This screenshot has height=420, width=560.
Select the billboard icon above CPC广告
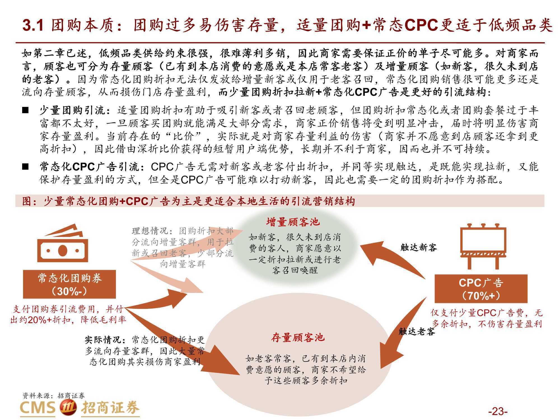(x=483, y=246)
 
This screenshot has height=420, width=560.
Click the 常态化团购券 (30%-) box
(x=69, y=284)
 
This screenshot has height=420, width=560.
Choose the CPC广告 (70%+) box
(x=481, y=289)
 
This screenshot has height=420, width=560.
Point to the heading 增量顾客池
(x=293, y=222)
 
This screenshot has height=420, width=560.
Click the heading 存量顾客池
(x=298, y=338)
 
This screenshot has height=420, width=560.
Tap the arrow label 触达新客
(x=419, y=248)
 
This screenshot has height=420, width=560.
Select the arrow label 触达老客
(x=417, y=332)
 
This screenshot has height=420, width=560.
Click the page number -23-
(x=498, y=411)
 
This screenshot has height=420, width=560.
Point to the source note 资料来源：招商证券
(x=53, y=396)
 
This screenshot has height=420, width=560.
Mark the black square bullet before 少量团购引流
(x=25, y=110)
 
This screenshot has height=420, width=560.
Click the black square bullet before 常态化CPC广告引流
(x=25, y=167)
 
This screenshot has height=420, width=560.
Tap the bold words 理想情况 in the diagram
(x=150, y=231)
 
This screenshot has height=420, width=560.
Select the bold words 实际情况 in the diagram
(x=103, y=340)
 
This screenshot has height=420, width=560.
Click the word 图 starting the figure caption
(x=27, y=201)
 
